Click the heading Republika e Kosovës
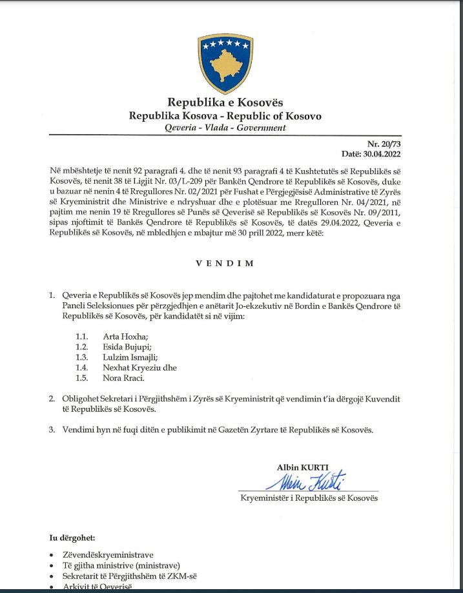coord(225,102)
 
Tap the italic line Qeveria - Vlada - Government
coord(225,128)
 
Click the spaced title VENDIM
coord(225,264)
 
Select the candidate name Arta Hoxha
coord(125,336)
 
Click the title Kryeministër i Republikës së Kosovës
coord(309,498)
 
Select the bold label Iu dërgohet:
coord(73,537)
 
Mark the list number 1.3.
coord(81,357)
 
